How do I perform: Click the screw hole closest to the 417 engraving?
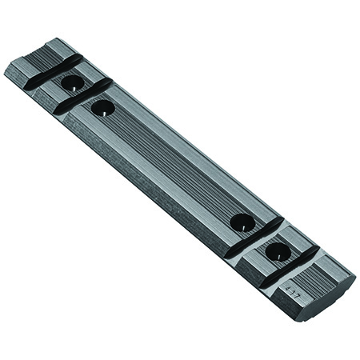278,252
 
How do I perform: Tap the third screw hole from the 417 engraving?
103,107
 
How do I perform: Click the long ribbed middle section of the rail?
172,164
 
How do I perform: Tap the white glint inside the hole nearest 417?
280,254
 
